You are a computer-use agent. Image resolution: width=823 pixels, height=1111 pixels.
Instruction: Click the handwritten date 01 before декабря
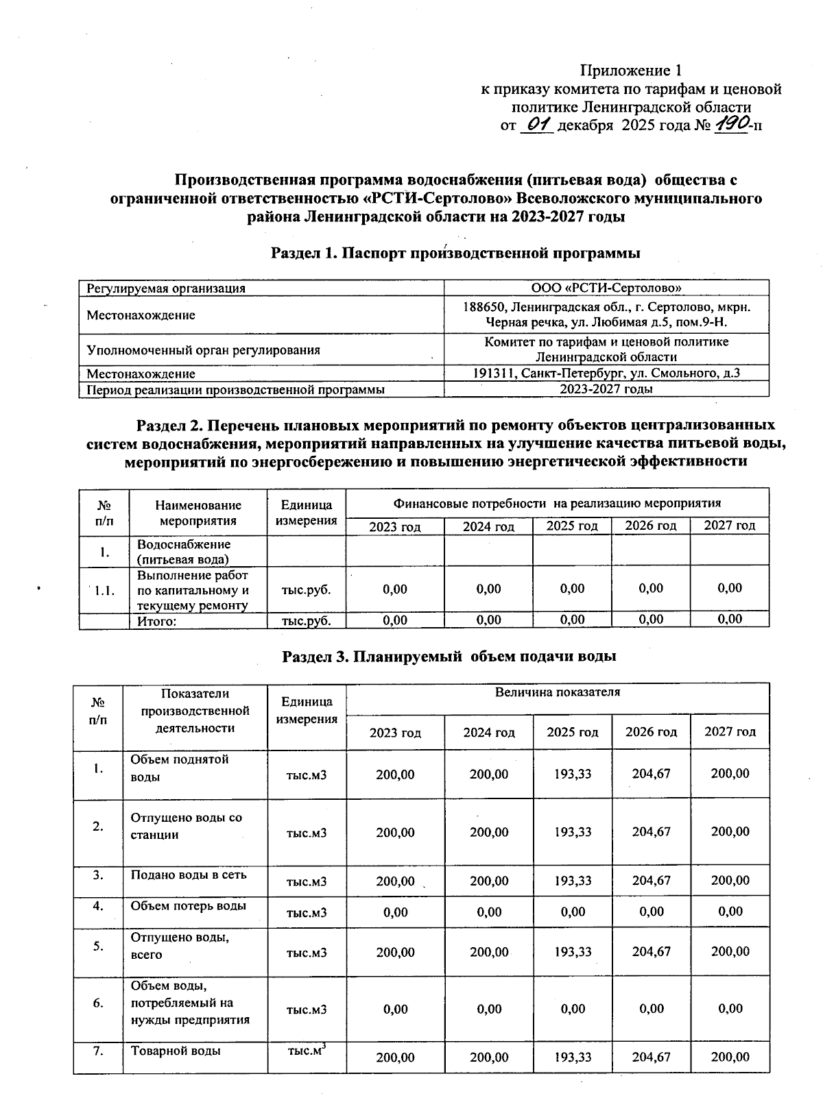coord(536,125)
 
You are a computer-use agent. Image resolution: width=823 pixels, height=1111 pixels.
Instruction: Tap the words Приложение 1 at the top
coord(631,71)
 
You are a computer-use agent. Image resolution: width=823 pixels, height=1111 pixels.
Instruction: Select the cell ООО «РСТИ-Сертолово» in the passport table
coord(606,288)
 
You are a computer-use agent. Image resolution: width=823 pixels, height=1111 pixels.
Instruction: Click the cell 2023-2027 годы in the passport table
coord(606,389)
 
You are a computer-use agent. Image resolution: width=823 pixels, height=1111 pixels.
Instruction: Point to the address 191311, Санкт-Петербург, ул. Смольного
coord(606,374)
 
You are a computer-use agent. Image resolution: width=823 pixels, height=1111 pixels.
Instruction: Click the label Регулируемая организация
coord(166,289)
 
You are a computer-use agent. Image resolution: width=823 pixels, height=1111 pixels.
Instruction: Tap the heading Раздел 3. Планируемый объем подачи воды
coord(449,656)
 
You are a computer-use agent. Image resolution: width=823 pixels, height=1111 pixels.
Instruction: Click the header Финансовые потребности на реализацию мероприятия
coord(557,503)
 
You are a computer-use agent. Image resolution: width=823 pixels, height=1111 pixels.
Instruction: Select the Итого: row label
coord(157,621)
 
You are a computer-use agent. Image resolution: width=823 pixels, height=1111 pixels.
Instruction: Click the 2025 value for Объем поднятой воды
coord(572,773)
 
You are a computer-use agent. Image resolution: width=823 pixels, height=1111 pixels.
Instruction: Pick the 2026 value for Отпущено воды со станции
coord(651,831)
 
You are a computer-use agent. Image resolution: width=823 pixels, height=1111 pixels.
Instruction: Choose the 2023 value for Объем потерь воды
coord(395,912)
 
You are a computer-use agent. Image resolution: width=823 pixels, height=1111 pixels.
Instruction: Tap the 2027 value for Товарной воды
coord(730,1057)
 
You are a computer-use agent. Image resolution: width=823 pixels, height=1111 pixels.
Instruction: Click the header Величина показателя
coord(557,692)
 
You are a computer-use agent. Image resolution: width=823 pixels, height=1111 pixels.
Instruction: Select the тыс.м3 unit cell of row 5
coord(306,952)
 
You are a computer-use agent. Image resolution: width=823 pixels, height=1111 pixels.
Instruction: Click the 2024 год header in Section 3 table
coord(488,732)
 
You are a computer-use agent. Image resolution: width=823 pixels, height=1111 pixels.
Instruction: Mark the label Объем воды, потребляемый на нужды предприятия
coord(190,1002)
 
